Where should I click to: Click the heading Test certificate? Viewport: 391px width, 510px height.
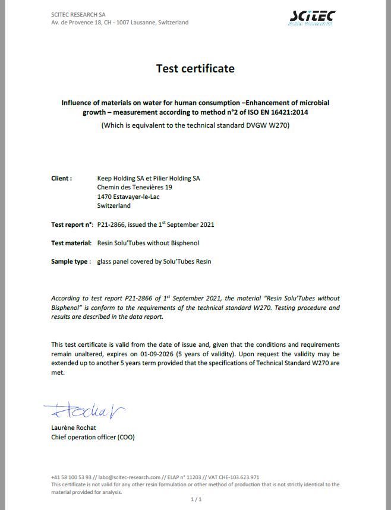[195, 68]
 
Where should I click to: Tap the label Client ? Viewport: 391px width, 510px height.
[62, 178]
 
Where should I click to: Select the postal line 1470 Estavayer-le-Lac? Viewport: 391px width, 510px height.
[122, 197]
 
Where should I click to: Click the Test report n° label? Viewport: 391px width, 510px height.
[72, 224]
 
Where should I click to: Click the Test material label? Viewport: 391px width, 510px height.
[71, 243]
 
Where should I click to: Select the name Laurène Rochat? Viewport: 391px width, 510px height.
[74, 427]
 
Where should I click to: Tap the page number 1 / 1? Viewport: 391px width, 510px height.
[196, 499]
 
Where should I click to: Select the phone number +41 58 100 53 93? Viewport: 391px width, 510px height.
[71, 477]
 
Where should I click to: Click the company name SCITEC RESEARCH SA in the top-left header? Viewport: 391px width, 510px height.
[78, 14]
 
